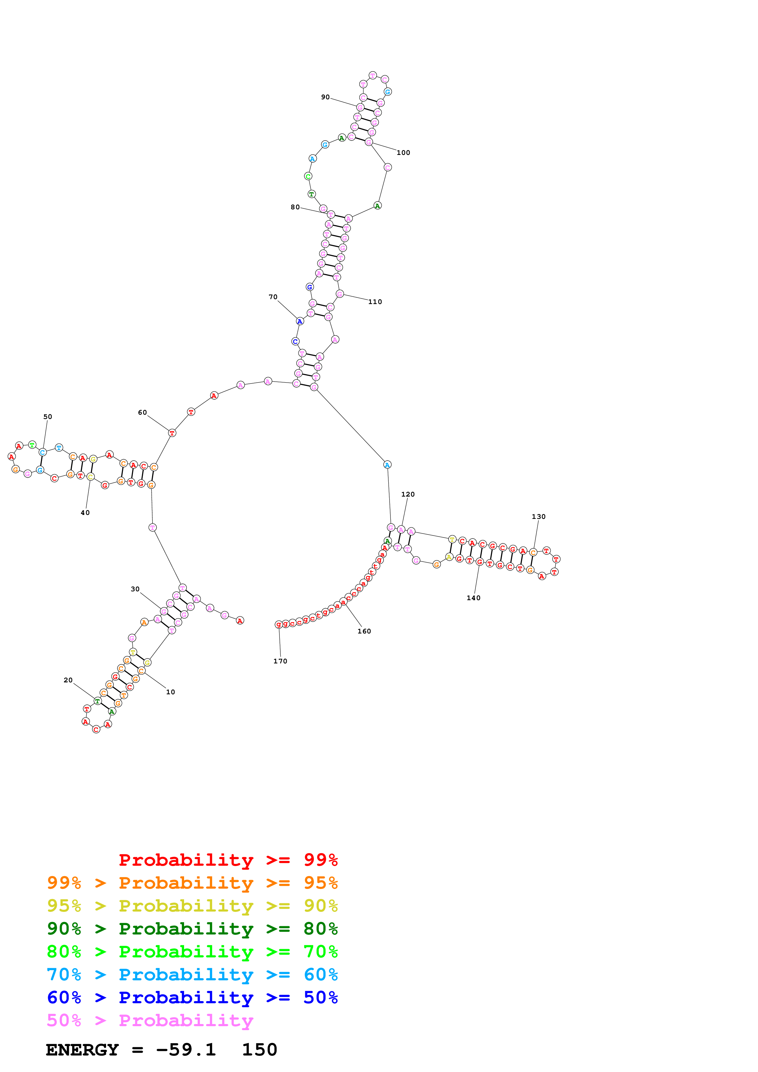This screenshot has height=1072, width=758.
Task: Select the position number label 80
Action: pyautogui.click(x=295, y=207)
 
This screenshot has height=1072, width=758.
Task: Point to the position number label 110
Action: pyautogui.click(x=375, y=302)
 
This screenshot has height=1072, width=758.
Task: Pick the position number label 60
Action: pyautogui.click(x=142, y=413)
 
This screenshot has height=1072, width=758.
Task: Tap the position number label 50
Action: pyautogui.click(x=48, y=417)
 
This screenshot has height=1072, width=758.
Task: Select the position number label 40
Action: pyautogui.click(x=85, y=513)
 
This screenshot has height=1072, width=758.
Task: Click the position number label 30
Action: pyautogui.click(x=135, y=589)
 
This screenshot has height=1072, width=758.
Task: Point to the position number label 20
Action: pyautogui.click(x=68, y=680)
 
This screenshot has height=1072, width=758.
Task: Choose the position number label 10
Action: pyautogui.click(x=171, y=692)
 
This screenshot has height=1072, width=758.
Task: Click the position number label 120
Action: pyautogui.click(x=408, y=494)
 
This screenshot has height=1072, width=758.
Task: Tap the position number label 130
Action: pyautogui.click(x=538, y=517)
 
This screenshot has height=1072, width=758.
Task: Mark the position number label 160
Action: pyautogui.click(x=364, y=631)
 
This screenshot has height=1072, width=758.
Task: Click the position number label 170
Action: pyautogui.click(x=280, y=661)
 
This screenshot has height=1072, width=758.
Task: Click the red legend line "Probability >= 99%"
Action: pyautogui.click(x=228, y=860)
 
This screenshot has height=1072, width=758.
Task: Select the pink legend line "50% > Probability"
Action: pyautogui.click(x=150, y=1021)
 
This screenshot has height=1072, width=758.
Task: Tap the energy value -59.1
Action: pyautogui.click(x=186, y=1050)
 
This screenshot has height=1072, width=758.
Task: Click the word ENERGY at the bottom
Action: pyautogui.click(x=82, y=1050)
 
